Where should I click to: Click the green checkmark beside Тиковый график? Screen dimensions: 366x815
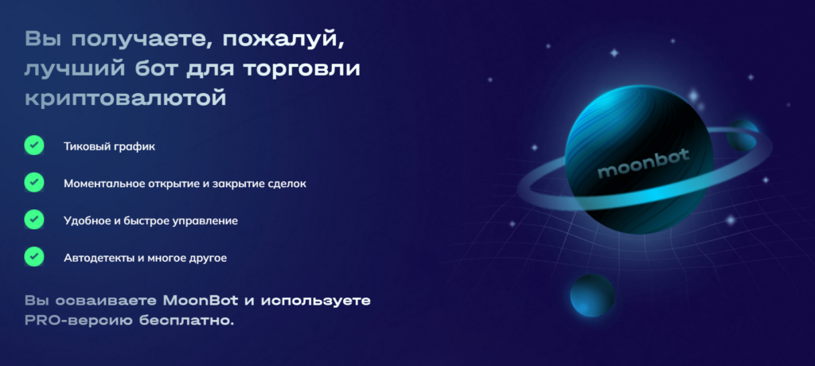33,146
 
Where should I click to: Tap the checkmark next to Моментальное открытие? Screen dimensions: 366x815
33,182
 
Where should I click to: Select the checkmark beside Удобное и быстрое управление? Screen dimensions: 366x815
33,220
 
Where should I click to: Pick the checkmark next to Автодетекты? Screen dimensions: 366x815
33,256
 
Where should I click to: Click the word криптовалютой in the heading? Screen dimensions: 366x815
125,98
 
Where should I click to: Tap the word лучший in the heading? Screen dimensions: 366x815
68,68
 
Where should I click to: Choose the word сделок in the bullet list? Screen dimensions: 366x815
285,183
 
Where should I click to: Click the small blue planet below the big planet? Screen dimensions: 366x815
592,295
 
